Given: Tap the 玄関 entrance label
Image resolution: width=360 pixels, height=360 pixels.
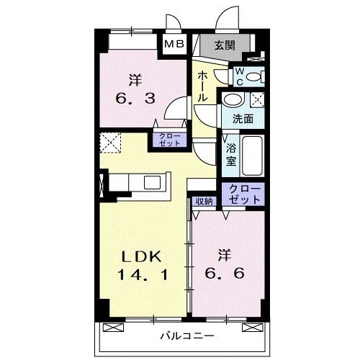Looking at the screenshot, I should click(225, 45).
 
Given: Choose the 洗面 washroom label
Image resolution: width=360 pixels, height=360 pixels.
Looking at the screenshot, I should click(241, 119).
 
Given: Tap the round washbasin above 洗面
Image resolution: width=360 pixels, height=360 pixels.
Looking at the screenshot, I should click(233, 100).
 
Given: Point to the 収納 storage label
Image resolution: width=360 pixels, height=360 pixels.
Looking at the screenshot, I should click(204, 202).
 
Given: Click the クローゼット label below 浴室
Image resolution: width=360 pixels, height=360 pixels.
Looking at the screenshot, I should click(244, 192).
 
